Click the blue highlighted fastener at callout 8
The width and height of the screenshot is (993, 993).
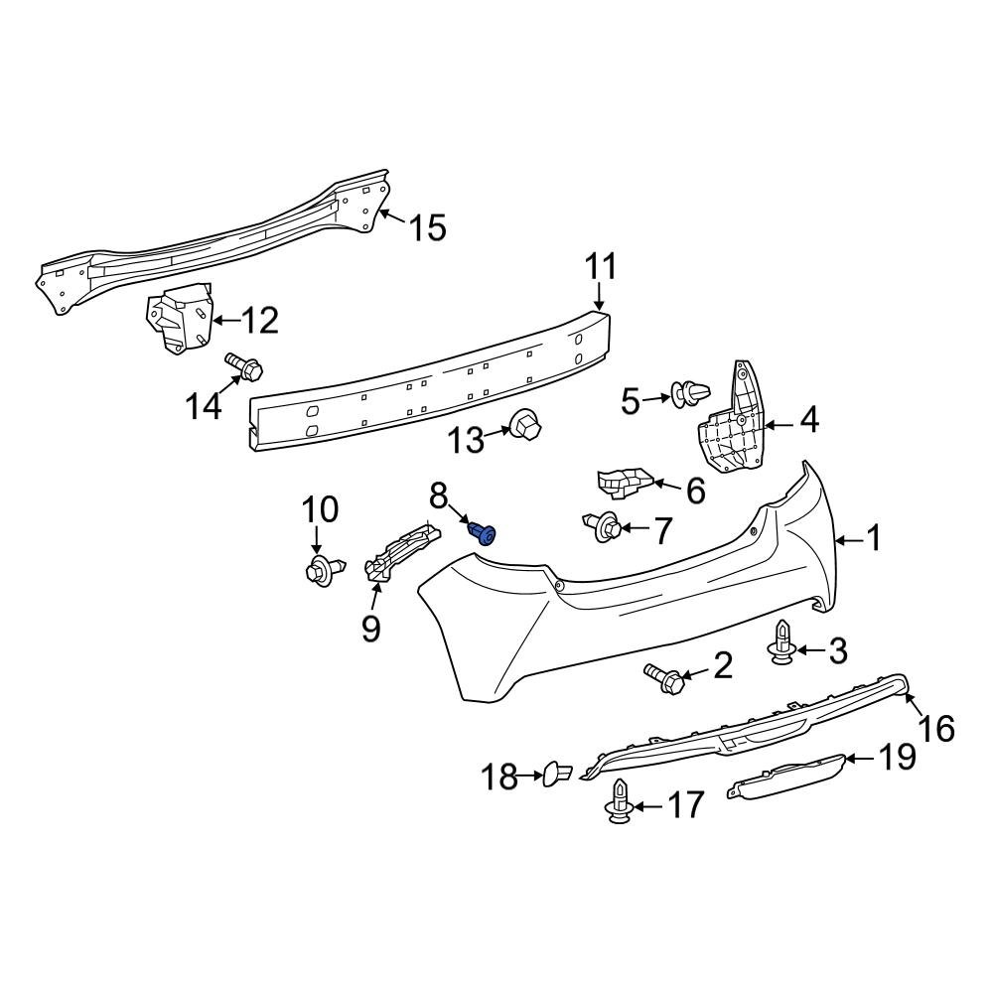click(x=485, y=535)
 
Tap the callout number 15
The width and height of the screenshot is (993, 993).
click(x=428, y=228)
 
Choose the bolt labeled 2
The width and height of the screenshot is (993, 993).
click(x=664, y=678)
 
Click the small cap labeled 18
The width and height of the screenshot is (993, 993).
click(x=555, y=773)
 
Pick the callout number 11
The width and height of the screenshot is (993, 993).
click(x=600, y=267)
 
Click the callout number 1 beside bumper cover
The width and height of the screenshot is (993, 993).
click(x=873, y=539)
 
